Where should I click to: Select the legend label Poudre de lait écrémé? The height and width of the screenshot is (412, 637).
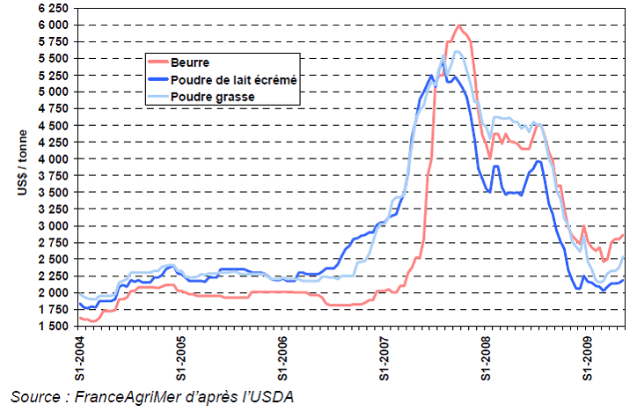[231, 79]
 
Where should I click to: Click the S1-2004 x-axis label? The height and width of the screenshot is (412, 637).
[80, 357]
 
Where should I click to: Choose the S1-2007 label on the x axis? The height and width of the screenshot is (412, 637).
[384, 357]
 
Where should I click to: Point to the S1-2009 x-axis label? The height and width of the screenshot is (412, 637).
[587, 357]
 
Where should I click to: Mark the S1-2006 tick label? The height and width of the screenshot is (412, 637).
[282, 357]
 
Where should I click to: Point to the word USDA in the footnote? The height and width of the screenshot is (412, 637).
[269, 396]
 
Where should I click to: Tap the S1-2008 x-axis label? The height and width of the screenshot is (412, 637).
[486, 357]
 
